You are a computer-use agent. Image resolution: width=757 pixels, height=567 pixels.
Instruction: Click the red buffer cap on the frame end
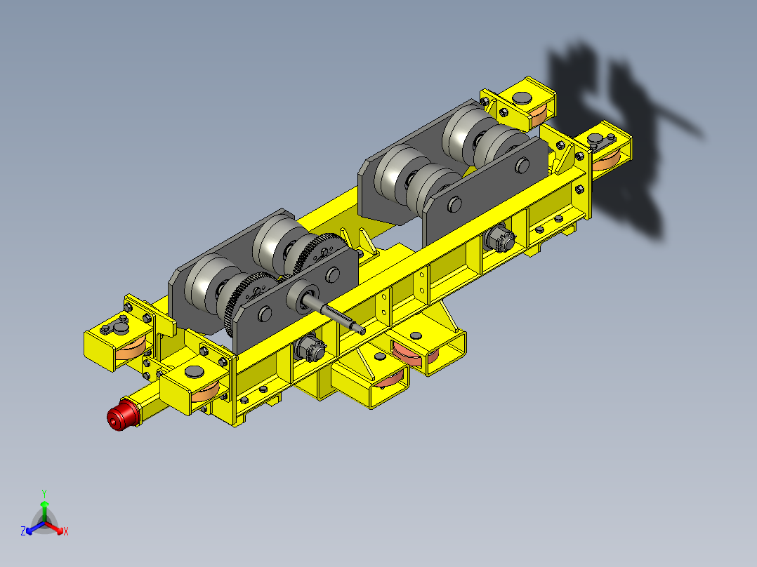click(123, 415)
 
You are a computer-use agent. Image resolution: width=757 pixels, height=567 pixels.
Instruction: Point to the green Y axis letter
click(44, 493)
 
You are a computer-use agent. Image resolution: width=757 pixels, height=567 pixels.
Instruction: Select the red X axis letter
click(66, 532)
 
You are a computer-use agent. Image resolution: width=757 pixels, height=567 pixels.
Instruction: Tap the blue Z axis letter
click(23, 531)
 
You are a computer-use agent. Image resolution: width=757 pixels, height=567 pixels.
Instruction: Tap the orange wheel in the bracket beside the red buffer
click(205, 392)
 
